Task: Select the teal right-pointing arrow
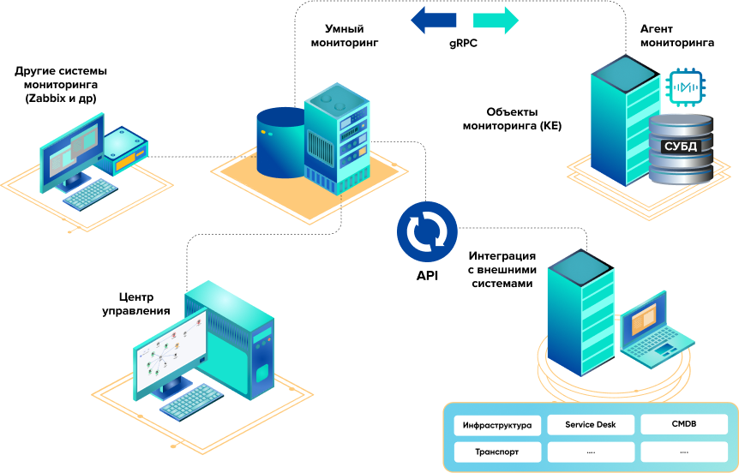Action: coord(496,20)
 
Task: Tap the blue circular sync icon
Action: coord(427,231)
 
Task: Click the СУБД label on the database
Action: coord(682,147)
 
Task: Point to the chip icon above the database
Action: coord(683,88)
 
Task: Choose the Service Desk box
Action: coord(590,424)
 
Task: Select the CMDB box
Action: coord(683,424)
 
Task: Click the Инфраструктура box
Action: coord(496,425)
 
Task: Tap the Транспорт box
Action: coord(496,452)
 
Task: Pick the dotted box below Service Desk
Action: coord(590,452)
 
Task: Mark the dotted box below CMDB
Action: coord(683,452)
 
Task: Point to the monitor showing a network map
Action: coord(170,352)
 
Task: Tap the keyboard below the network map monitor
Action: coord(190,402)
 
